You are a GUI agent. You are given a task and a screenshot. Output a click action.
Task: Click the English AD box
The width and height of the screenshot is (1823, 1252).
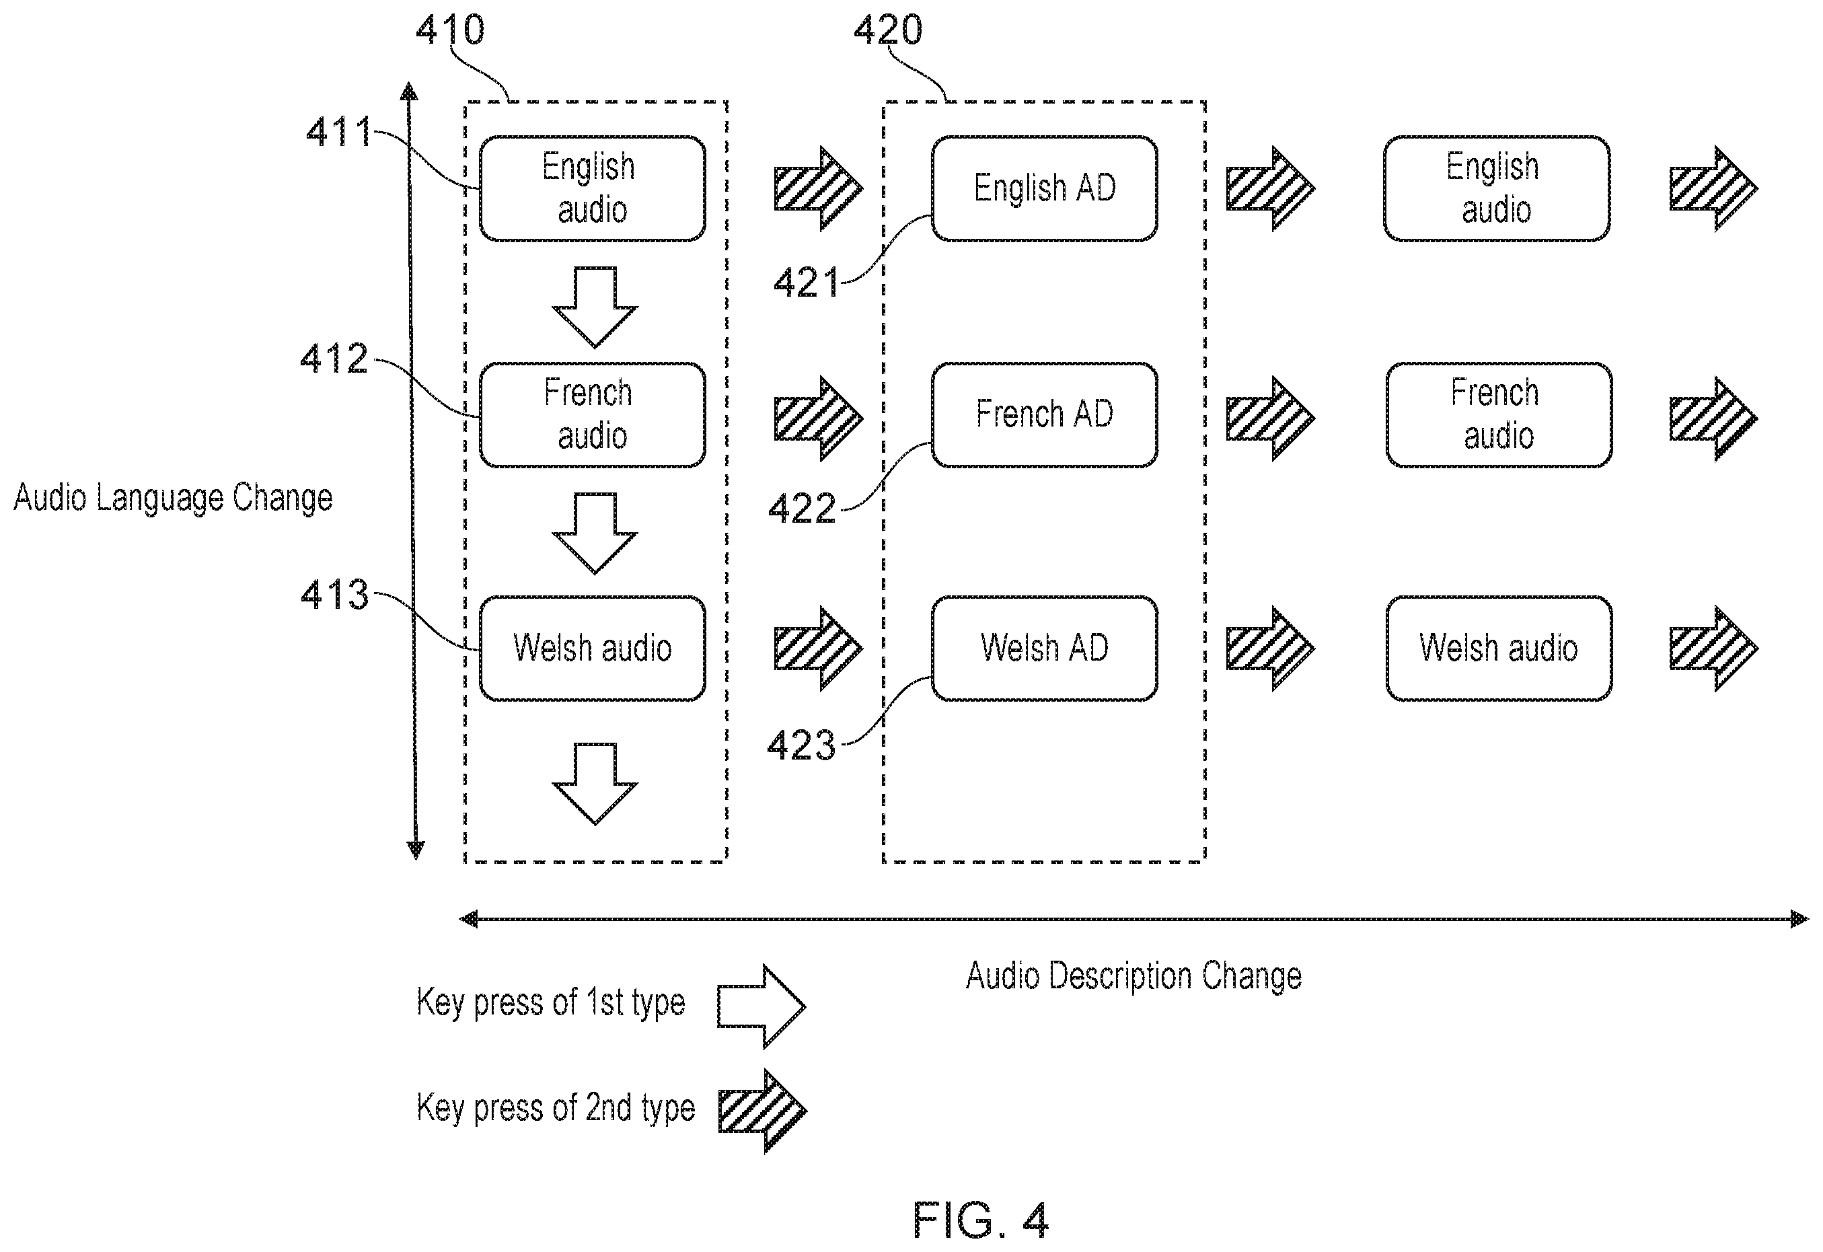[x=1044, y=188]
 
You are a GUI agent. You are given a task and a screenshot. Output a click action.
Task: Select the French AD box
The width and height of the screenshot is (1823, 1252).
[x=1044, y=415]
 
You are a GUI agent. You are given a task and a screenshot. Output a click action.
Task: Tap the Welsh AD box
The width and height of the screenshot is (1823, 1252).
[x=1044, y=648]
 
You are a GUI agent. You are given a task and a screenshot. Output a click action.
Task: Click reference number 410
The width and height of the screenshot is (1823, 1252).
[x=449, y=30]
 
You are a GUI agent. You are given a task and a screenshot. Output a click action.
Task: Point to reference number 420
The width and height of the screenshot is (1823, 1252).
[x=888, y=30]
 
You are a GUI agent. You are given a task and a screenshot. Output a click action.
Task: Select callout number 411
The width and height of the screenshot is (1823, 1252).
[x=338, y=132]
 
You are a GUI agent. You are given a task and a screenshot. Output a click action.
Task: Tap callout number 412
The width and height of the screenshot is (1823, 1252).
[x=334, y=359]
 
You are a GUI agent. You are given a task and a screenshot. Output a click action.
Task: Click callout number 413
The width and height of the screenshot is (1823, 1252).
[x=335, y=594]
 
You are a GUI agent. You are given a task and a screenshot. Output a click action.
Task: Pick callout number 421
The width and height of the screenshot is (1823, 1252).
[x=807, y=283]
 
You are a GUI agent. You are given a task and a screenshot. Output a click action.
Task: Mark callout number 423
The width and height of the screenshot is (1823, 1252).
[x=802, y=745]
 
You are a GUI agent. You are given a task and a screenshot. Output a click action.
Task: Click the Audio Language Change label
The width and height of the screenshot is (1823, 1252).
[x=174, y=498]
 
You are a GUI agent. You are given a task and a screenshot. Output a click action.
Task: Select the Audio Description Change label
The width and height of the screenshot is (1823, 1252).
[x=1133, y=977]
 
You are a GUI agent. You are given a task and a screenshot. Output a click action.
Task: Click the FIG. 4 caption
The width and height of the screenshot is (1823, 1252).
[x=981, y=1219]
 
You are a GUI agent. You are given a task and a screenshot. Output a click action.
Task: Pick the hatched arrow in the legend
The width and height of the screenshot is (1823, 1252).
[x=762, y=1111]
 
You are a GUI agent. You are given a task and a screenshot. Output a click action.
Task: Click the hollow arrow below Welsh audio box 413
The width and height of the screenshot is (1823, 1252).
[x=595, y=784]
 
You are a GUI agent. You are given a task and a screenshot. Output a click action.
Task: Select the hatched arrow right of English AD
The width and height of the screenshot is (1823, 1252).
[x=1270, y=188]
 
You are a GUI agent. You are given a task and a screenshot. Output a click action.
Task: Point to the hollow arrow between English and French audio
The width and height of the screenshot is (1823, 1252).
[x=595, y=307]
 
